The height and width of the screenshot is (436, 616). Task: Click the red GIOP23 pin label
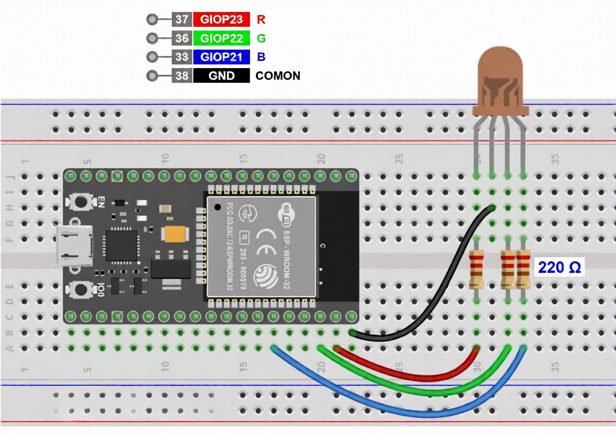click(222, 20)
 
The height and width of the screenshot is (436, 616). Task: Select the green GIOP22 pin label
click(222, 38)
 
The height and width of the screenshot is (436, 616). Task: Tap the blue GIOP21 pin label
click(222, 57)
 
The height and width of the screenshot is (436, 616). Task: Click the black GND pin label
click(222, 76)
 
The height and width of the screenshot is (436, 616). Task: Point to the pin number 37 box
click(182, 20)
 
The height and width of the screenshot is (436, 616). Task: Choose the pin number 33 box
click(182, 57)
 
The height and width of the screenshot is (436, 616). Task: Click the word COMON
click(278, 76)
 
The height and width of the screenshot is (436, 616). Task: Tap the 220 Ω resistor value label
click(559, 268)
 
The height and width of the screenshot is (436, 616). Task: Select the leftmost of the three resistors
click(476, 270)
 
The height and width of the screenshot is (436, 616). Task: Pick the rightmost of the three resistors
click(523, 270)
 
